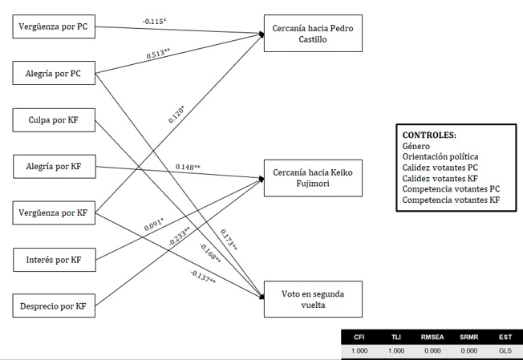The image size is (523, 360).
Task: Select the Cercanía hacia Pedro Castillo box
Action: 313,34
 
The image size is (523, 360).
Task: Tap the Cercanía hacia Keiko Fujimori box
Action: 313,177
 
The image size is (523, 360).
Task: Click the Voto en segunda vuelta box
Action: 313,300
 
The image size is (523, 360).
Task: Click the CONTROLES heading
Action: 430,136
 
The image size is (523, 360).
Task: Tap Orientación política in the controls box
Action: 440,157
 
